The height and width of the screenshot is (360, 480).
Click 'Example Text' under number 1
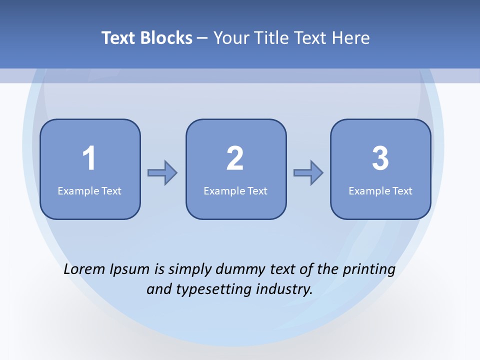click(89, 190)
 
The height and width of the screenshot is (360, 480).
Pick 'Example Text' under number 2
click(235, 190)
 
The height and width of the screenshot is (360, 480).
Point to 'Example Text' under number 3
click(380, 190)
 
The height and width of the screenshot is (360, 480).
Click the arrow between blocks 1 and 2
click(162, 173)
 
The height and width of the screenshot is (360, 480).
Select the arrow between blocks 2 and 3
click(308, 173)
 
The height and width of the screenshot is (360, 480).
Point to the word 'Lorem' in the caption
click(84, 269)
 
